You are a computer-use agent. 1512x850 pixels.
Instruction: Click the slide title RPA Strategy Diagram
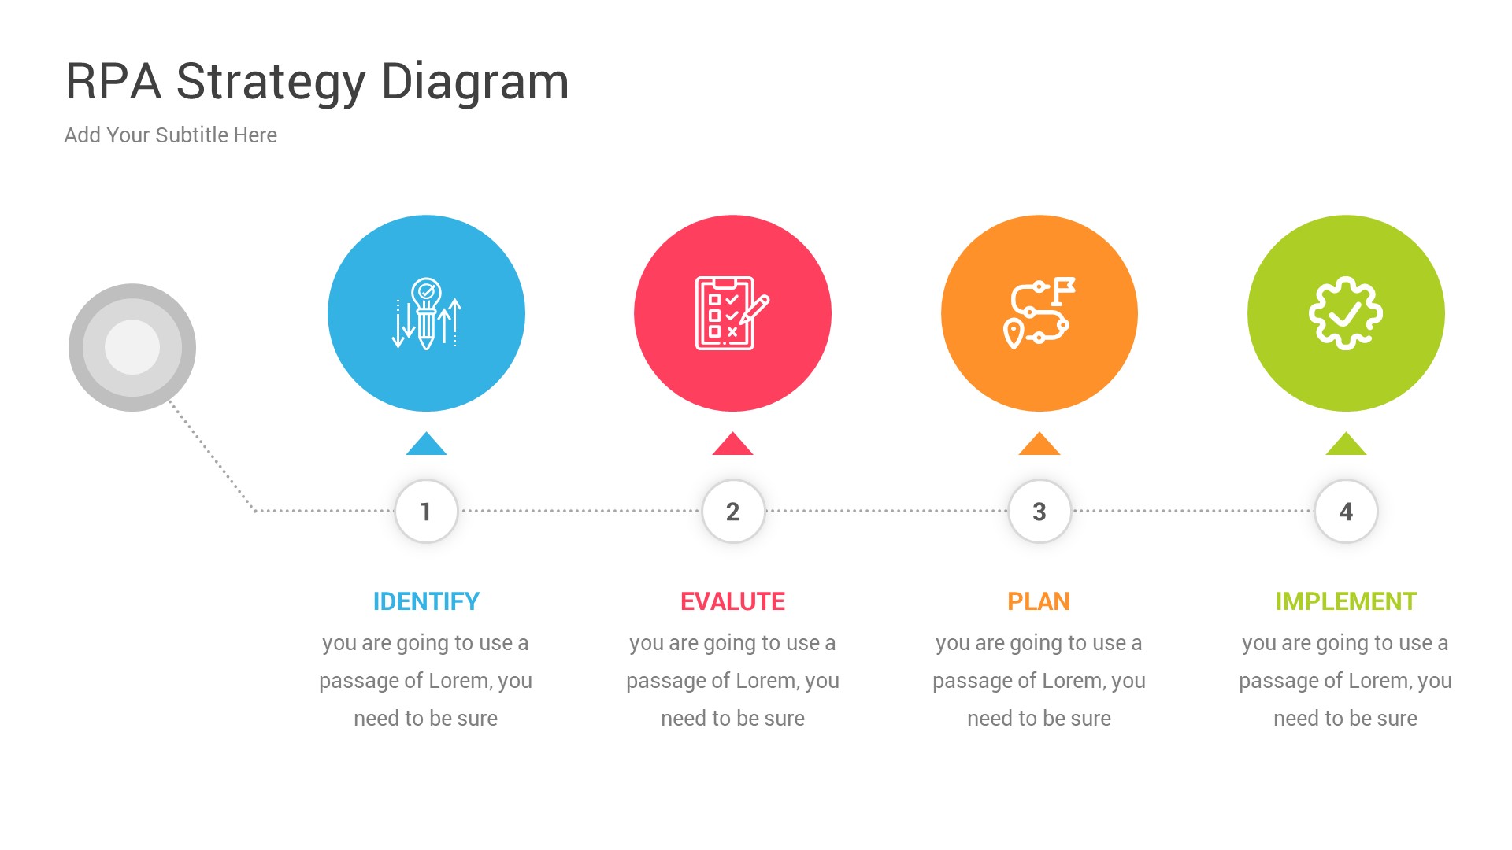tap(317, 82)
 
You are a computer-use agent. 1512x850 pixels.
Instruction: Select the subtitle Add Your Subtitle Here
tap(170, 135)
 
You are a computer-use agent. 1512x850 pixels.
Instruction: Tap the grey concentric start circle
tap(132, 347)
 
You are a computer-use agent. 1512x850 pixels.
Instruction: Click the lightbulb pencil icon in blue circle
tap(426, 313)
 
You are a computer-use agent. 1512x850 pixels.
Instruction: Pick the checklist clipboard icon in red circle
tap(732, 313)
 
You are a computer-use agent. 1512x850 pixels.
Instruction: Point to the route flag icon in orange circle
tap(1039, 313)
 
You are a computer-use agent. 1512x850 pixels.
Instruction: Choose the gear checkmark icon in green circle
tap(1345, 313)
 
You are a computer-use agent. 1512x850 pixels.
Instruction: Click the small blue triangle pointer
tap(426, 445)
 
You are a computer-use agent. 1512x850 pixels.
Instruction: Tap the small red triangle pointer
tap(732, 445)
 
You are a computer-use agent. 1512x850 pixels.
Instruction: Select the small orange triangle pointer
tap(1039, 445)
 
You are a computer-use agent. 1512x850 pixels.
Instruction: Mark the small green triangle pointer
tap(1346, 445)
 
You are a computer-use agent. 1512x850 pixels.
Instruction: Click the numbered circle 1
tap(426, 512)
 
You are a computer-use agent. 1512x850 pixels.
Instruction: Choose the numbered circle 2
tap(732, 512)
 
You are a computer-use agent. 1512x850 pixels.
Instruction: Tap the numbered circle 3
tap(1039, 512)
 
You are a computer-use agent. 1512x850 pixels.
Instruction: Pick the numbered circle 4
tap(1346, 512)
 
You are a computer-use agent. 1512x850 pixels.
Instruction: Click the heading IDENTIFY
tap(426, 602)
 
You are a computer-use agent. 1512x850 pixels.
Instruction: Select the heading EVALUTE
tap(732, 602)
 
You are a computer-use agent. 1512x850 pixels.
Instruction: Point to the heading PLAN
tap(1039, 602)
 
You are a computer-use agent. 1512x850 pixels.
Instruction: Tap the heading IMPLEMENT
tap(1346, 602)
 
